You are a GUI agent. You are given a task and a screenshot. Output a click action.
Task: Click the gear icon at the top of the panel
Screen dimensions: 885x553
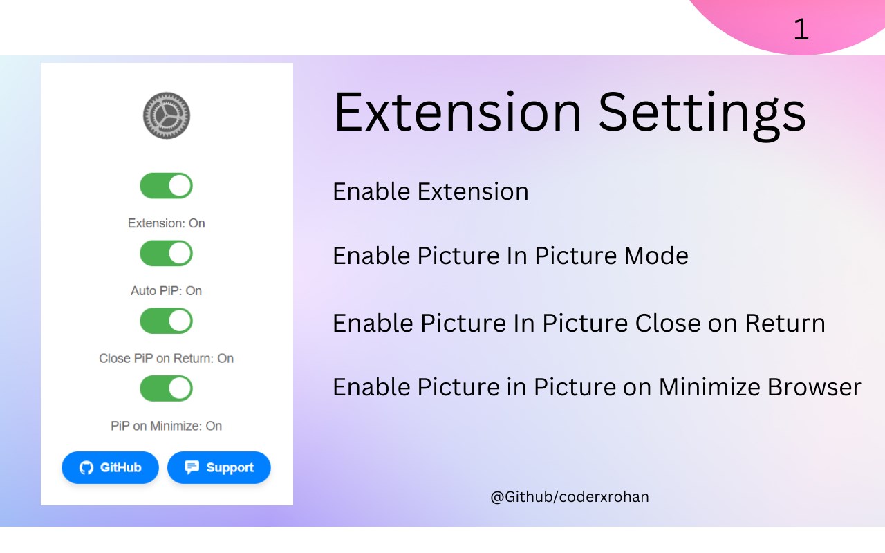pos(167,115)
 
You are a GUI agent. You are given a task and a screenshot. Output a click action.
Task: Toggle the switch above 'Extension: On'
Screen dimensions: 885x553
pos(167,186)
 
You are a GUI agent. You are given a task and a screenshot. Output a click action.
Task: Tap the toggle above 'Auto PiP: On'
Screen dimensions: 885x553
pos(167,253)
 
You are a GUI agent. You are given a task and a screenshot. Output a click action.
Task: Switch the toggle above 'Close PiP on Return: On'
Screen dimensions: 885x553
pos(167,321)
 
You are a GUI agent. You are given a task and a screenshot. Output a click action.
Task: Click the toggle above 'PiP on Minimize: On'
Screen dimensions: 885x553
pos(167,388)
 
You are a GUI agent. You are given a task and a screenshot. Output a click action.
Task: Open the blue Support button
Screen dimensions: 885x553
pos(219,467)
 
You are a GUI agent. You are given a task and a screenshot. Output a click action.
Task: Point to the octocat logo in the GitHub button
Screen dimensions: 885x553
pos(86,468)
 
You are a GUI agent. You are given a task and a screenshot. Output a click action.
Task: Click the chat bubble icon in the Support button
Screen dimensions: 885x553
pos(192,467)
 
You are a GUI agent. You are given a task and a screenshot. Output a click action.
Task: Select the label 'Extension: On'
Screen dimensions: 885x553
pos(167,223)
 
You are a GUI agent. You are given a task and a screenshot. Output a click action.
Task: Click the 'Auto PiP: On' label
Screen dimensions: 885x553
pos(167,291)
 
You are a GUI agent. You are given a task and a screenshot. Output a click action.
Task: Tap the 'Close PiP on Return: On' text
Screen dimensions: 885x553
pos(167,358)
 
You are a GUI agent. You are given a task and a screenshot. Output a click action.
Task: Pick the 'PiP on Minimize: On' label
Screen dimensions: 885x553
pos(167,426)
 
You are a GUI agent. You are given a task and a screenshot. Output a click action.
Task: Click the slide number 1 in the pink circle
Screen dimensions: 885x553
pos(801,29)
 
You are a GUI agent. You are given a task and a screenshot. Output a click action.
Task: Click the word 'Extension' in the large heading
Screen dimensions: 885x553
pos(458,112)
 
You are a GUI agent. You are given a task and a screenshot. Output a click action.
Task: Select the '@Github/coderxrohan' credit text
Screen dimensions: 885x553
pos(569,497)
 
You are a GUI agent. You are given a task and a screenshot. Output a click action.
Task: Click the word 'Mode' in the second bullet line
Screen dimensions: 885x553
pos(656,256)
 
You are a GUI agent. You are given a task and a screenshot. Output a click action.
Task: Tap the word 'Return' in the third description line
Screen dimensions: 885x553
pos(785,323)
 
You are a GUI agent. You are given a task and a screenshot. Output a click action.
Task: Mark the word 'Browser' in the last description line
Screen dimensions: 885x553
pos(814,387)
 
